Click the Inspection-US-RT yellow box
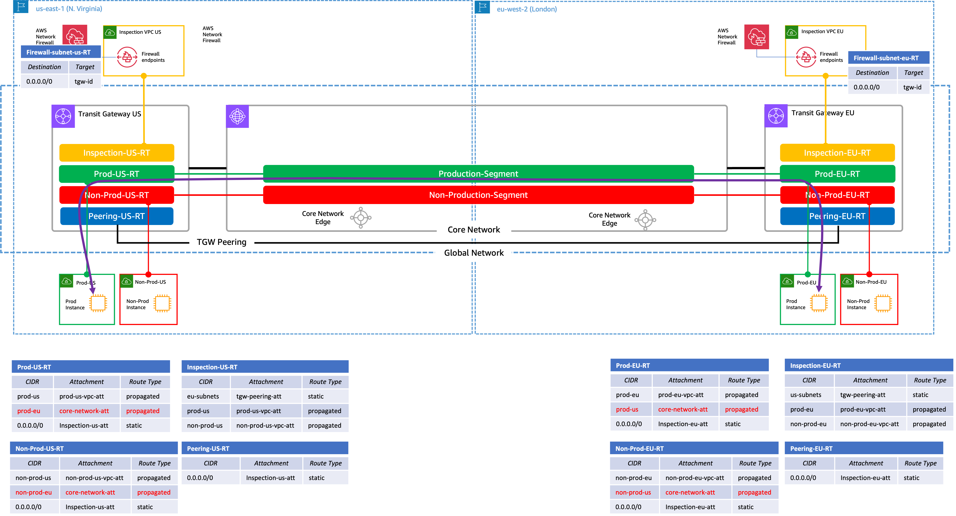coord(116,153)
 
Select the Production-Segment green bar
coord(478,174)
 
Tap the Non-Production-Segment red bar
coord(478,195)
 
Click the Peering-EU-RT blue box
coord(837,216)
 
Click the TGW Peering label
coord(222,242)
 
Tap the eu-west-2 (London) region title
coord(527,9)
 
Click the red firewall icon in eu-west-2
coord(756,37)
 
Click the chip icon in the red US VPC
coord(162,303)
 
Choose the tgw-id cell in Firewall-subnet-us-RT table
coord(84,81)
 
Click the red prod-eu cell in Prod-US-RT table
coord(29,411)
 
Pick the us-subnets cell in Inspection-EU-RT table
coord(805,395)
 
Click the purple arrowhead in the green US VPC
coord(93,291)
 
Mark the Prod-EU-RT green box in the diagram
coord(837,174)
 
